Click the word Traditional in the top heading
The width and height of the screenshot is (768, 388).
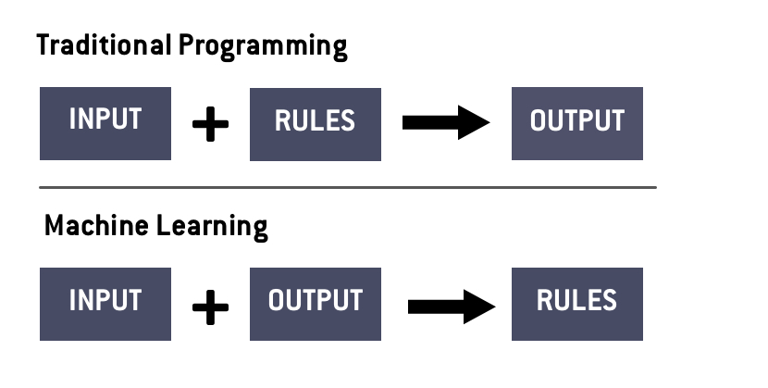(104, 44)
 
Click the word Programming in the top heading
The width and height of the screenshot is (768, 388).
(263, 47)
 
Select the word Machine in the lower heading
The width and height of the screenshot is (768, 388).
(96, 225)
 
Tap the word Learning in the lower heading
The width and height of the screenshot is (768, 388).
(212, 227)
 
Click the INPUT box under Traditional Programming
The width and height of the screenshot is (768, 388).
(105, 123)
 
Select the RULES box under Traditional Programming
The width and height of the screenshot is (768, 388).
(316, 124)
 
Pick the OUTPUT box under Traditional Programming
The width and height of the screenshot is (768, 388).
(577, 123)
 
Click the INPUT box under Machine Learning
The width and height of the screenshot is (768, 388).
(105, 304)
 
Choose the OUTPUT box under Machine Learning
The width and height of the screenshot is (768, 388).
(316, 304)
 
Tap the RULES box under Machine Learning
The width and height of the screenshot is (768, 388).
(577, 304)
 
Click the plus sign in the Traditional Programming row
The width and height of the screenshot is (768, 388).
(211, 124)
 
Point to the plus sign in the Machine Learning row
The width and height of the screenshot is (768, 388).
(211, 307)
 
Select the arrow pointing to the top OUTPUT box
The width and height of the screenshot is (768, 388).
(446, 122)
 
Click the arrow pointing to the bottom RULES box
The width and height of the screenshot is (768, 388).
(452, 307)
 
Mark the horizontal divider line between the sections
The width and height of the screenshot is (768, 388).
(348, 187)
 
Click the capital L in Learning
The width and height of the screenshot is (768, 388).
(163, 225)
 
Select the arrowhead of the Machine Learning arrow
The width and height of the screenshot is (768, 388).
(479, 307)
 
